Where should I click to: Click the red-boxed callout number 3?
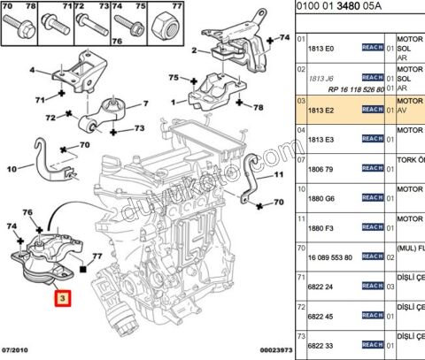pos(62,300)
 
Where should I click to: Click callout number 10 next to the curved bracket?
pos(12,168)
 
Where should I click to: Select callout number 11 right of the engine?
pos(278,175)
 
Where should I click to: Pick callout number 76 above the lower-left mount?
pos(27,212)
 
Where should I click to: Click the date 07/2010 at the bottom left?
pos(18,351)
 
